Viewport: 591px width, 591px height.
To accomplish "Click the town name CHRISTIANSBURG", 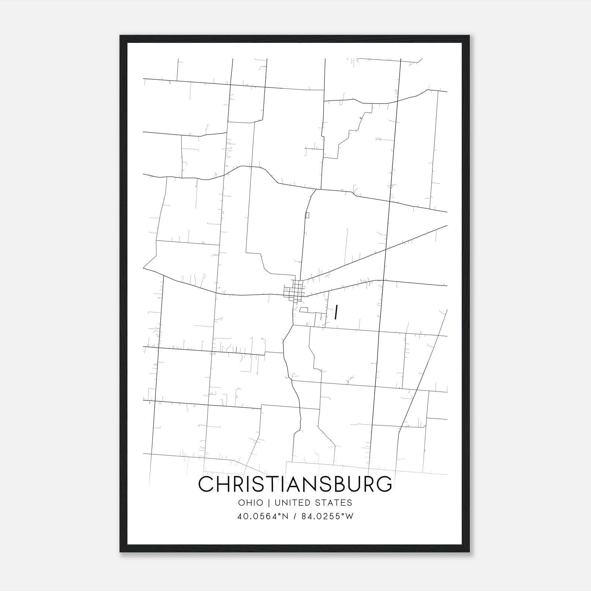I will click(295, 484).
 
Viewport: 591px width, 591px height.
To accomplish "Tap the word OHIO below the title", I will click(250, 503).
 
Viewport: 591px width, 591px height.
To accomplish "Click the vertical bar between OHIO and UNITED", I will click(269, 503).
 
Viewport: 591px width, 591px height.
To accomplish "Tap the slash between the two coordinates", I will click(294, 516).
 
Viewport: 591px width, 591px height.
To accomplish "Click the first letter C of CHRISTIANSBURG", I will click(206, 484).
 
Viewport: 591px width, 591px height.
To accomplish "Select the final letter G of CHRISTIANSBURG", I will click(384, 484).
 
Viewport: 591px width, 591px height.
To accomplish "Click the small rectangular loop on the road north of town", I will click(307, 215).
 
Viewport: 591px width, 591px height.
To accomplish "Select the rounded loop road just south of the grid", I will click(304, 310).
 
